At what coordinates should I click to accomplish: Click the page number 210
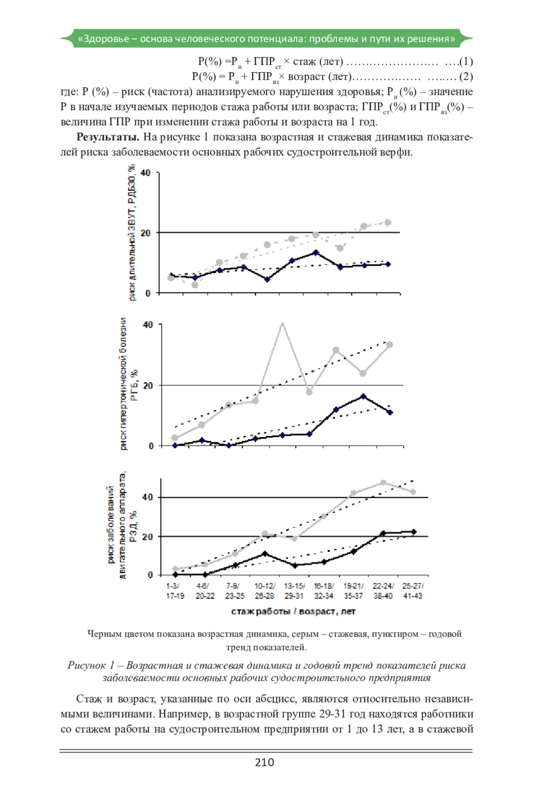(265, 762)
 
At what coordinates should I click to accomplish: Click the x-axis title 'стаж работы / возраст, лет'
(293, 612)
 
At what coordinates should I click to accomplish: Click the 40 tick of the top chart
(146, 173)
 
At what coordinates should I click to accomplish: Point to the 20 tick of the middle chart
(148, 385)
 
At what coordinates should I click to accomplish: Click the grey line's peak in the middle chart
(282, 323)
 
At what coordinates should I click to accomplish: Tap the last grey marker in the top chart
(388, 222)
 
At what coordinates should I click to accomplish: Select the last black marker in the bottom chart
(413, 532)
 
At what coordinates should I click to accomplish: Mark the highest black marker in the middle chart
(363, 396)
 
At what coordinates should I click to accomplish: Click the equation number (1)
(466, 61)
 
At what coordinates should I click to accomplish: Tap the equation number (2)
(466, 76)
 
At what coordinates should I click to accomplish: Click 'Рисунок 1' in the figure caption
(90, 665)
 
